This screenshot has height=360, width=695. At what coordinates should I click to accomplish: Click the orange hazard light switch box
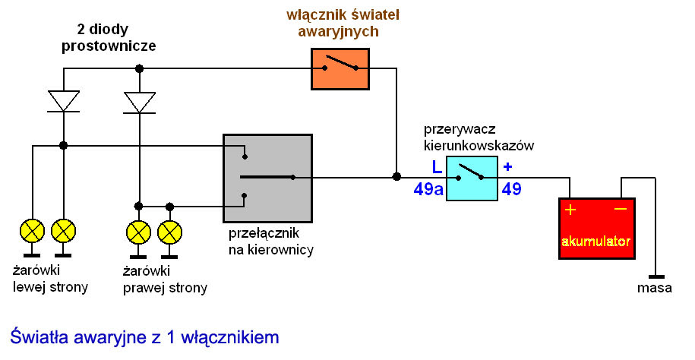click(x=340, y=68)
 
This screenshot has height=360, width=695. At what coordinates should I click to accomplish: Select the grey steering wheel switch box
click(x=267, y=178)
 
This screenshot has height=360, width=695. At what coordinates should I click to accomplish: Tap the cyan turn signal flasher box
click(x=472, y=178)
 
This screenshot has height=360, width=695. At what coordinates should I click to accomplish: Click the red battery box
click(x=597, y=229)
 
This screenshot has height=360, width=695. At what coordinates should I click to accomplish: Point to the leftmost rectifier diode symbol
click(x=63, y=102)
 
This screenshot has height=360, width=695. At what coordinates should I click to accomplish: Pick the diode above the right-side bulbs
click(x=140, y=103)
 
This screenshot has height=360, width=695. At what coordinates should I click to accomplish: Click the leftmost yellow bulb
click(x=33, y=231)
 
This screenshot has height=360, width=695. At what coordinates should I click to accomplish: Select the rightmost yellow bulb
click(x=169, y=232)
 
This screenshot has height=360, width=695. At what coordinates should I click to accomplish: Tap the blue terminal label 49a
click(x=428, y=190)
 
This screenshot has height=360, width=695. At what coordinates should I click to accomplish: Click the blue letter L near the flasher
click(x=437, y=167)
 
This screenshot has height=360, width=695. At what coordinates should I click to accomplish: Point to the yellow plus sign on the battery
click(x=570, y=210)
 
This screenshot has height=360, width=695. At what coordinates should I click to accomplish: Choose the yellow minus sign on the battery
click(x=621, y=209)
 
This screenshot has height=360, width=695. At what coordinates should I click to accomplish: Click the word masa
click(x=655, y=288)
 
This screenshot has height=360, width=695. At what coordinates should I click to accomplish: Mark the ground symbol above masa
click(x=656, y=276)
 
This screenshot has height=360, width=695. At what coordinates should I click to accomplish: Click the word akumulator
click(x=596, y=242)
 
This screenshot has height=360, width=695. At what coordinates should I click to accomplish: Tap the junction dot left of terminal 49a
click(x=396, y=177)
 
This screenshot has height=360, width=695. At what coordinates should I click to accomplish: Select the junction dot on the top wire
click(x=140, y=68)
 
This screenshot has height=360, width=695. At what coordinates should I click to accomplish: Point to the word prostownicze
click(x=109, y=46)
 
